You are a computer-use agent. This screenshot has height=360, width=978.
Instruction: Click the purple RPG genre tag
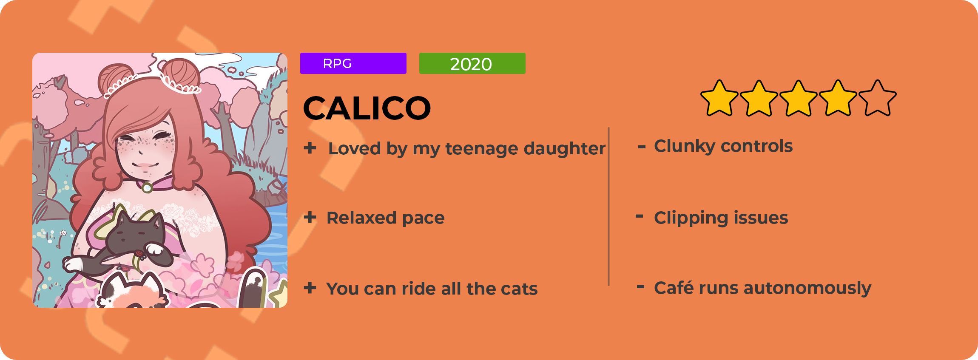353,63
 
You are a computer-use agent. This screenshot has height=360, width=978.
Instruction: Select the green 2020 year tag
472,63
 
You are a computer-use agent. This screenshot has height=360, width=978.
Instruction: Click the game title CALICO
367,108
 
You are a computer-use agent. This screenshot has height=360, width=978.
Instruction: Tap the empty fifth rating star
877,98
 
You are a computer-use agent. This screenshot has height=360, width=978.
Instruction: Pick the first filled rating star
719,98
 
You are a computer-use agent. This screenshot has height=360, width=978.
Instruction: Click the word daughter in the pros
564,149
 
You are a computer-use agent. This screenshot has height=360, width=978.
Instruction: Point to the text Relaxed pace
385,218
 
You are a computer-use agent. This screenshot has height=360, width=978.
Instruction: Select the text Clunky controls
723,146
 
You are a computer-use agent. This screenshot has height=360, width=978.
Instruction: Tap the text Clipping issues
721,218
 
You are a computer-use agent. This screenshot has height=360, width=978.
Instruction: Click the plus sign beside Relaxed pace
310,217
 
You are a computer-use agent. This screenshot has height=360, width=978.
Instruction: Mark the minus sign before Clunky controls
642,147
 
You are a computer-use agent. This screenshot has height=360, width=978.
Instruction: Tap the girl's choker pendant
147,187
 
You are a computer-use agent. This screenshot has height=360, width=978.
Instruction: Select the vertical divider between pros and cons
609,207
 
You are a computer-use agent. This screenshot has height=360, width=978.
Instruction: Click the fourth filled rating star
838,98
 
